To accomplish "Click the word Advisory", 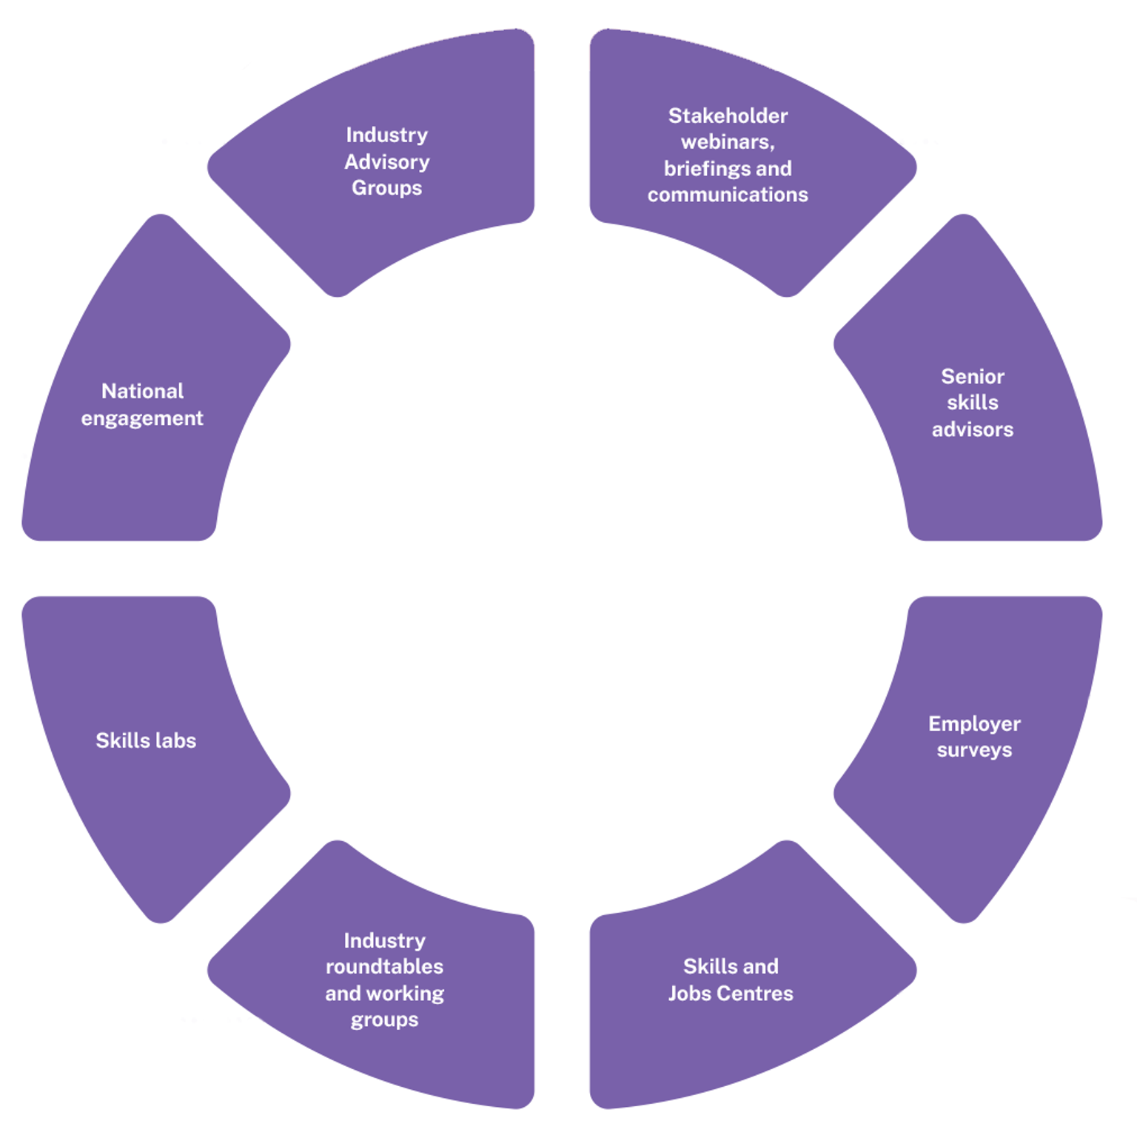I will point(386,161).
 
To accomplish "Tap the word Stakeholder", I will point(728,115).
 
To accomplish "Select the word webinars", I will point(726,141).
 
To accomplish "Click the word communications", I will point(728,195).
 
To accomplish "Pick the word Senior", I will point(972,376).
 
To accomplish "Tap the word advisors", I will point(972,429).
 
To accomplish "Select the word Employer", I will point(974,723).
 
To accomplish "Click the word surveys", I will point(974,750).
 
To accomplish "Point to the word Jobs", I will point(689,994).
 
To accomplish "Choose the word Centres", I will point(756,994).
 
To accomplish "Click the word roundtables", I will point(384,966).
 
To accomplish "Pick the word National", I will point(142,391).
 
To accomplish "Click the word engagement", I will point(142,418).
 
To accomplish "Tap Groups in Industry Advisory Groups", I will point(386,188).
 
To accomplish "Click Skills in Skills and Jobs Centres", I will point(709,966).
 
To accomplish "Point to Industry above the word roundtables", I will point(384,940).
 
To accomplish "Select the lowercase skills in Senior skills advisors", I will point(972,403).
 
